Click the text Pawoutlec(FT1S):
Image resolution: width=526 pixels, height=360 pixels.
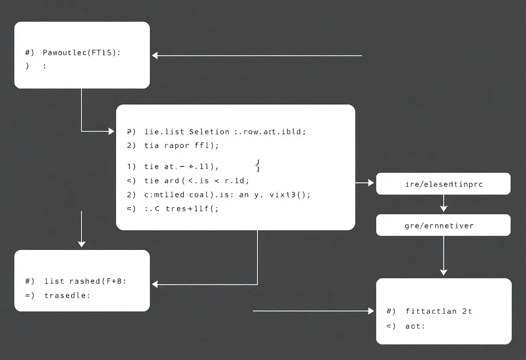(82, 53)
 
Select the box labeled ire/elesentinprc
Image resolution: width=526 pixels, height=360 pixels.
(443, 184)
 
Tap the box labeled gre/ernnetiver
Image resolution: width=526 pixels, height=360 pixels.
(443, 225)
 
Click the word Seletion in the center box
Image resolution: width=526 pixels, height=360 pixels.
(209, 132)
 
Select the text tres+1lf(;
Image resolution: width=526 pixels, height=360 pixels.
(192, 208)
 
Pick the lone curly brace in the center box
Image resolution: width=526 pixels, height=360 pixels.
(257, 166)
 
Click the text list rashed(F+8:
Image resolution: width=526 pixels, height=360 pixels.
(85, 281)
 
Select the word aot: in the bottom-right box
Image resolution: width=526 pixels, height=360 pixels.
(415, 326)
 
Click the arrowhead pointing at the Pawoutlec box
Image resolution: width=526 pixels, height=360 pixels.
(155, 55)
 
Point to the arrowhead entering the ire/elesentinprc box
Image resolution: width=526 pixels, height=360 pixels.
(371, 183)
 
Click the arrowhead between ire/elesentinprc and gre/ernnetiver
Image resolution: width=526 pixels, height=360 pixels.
(443, 209)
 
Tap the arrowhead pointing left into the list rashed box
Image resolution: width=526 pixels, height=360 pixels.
(155, 284)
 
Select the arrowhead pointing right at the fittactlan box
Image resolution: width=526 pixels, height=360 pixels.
(371, 311)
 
